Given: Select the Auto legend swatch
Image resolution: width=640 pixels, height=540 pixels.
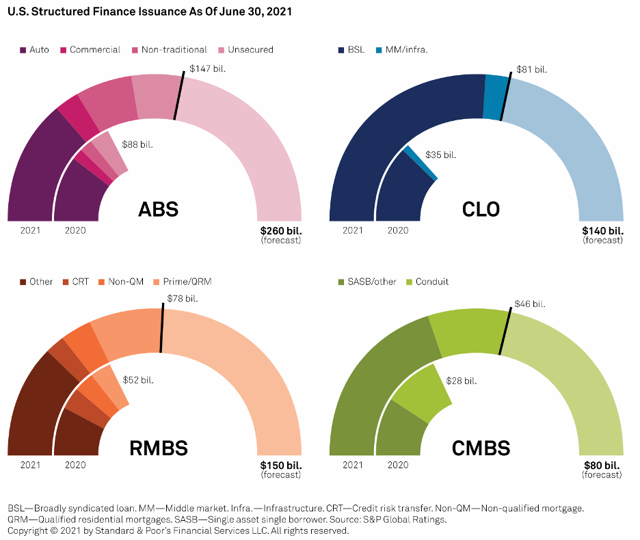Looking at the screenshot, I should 23,50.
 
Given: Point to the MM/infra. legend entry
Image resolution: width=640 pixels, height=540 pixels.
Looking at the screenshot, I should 407,50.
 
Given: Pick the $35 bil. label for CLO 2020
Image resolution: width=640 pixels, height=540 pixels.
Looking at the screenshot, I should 440,155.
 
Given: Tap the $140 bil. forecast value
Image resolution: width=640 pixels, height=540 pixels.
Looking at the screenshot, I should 602,231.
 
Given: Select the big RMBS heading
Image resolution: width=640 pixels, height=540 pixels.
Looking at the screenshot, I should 159,448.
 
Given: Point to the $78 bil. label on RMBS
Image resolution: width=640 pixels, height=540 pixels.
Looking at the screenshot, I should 183,299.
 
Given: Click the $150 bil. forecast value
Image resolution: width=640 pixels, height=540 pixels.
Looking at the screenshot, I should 280,465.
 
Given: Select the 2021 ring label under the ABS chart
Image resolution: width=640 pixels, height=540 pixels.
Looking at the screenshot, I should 31,230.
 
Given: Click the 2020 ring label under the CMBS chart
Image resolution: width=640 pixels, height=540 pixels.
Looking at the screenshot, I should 398,465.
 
